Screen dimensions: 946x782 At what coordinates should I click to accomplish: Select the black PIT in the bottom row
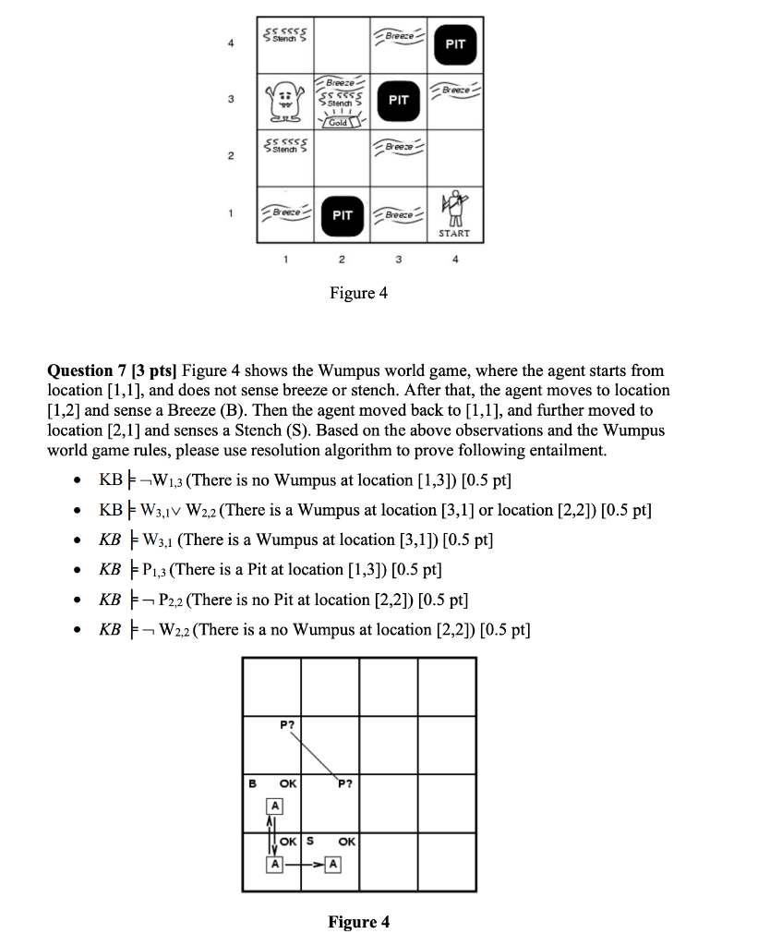(x=342, y=214)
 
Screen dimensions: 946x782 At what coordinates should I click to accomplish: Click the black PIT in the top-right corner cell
(x=454, y=43)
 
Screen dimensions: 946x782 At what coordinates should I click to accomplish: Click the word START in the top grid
(x=454, y=234)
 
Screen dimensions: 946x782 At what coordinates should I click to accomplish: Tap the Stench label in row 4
(x=285, y=38)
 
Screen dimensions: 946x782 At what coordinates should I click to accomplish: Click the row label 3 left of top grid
(x=230, y=99)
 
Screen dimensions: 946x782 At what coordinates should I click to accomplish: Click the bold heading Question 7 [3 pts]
(x=113, y=370)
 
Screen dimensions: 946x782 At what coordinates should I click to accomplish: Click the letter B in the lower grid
(x=253, y=782)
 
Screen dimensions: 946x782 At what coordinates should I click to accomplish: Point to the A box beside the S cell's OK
(x=333, y=865)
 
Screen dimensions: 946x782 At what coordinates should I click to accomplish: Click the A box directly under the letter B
(x=273, y=806)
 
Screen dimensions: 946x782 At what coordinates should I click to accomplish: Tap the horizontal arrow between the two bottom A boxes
(x=303, y=865)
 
